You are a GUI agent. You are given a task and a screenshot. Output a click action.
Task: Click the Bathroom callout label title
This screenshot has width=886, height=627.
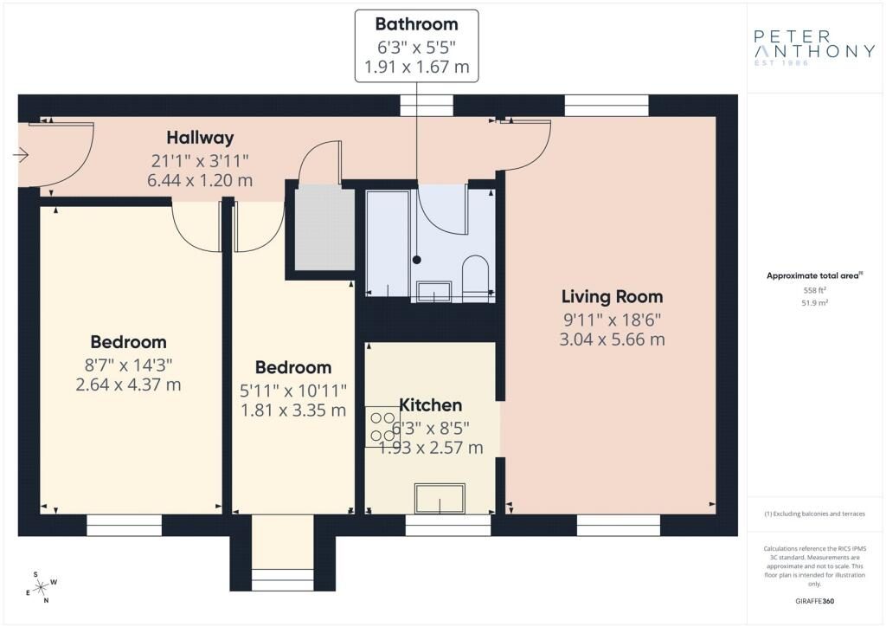pyautogui.click(x=416, y=24)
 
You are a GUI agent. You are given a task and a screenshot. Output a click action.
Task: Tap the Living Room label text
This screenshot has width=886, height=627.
pyautogui.click(x=612, y=297)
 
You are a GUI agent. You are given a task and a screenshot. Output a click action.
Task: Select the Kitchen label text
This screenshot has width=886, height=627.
pyautogui.click(x=431, y=405)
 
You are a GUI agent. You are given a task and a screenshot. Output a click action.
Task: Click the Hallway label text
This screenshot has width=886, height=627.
pyautogui.click(x=200, y=138)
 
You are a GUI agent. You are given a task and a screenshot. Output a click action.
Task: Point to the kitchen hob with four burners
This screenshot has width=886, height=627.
pyautogui.click(x=382, y=427)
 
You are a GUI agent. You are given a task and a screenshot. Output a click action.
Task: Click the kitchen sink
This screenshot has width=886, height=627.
pyautogui.click(x=440, y=498)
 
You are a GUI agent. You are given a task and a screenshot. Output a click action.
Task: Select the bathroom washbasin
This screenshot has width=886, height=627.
pyautogui.click(x=433, y=291)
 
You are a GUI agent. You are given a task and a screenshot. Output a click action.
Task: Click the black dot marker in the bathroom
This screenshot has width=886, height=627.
pyautogui.click(x=417, y=260)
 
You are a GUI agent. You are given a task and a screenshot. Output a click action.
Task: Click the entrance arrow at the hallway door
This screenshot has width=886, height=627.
pyautogui.click(x=21, y=154)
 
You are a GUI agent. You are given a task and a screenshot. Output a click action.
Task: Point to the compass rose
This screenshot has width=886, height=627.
pyautogui.click(x=42, y=588)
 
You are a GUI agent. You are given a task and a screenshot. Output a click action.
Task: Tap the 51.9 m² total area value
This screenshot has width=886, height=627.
pyautogui.click(x=814, y=303)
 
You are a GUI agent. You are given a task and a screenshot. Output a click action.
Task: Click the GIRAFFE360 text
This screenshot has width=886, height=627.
pyautogui.click(x=814, y=601)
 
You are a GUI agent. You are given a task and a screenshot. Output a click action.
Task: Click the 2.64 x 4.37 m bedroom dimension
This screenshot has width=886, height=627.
pyautogui.click(x=128, y=385)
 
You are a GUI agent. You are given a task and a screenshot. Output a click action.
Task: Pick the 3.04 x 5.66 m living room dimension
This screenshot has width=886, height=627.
pyautogui.click(x=612, y=339)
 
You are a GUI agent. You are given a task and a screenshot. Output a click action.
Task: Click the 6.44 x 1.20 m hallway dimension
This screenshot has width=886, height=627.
pyautogui.click(x=200, y=181)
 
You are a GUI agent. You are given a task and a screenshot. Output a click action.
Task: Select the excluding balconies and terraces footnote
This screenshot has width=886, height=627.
pyautogui.click(x=814, y=514)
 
